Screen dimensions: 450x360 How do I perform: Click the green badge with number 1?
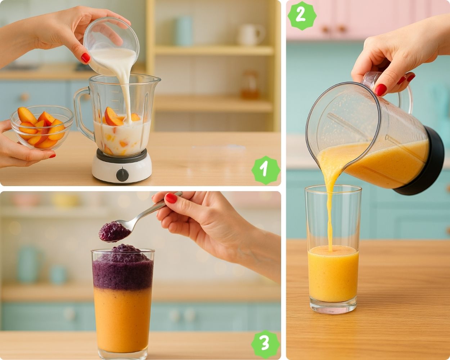pos(266,170)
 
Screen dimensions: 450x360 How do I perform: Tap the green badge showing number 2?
pos(302,16)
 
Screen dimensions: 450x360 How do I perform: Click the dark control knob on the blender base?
pos(122,174)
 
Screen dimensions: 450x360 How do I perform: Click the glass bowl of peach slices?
pos(42,127)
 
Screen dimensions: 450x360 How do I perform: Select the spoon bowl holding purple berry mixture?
pos(115,231)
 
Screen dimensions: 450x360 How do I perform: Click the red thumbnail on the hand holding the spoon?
pos(171,198)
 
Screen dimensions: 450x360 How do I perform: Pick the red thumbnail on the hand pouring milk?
pos(86,58)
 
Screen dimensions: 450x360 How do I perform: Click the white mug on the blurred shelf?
pos(251,34)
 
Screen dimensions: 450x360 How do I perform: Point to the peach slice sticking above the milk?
pos(112,117)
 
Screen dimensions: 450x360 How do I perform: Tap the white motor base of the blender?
pos(122,167)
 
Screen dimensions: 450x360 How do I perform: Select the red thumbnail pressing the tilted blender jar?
pos(381,90)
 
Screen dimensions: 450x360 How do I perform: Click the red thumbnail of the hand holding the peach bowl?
pos(52,156)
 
